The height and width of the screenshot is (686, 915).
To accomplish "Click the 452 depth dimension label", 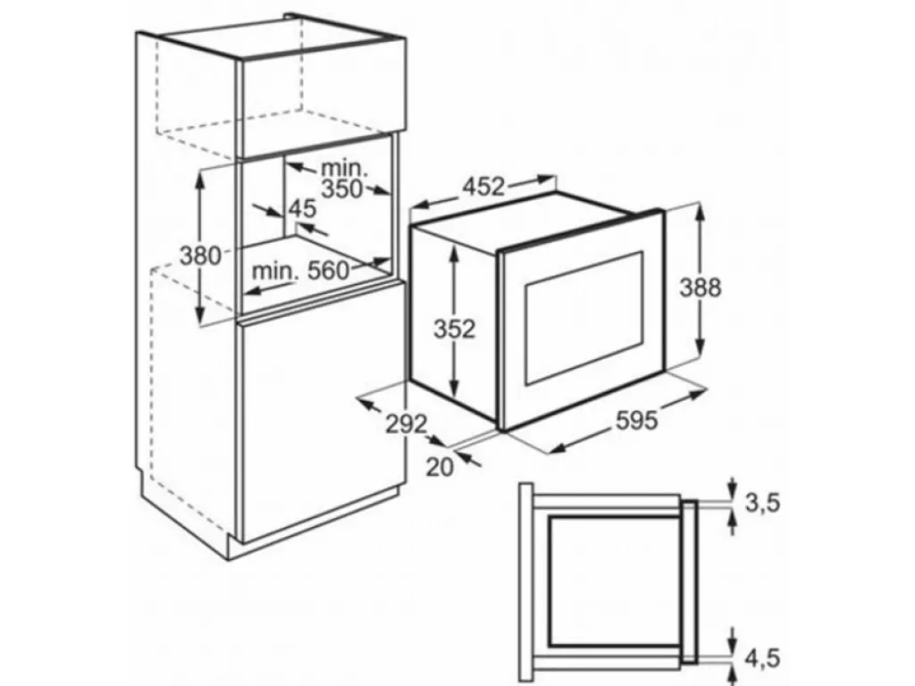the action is point(483,187).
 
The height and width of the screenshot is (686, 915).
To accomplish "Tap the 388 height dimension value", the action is point(701,288).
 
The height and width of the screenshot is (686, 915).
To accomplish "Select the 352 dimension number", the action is point(455,330).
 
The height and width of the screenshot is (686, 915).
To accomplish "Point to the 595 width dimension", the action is point(636,420).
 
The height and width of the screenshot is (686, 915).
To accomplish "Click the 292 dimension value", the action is point(407,424).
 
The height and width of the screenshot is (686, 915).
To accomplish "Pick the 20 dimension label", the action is point(440,466).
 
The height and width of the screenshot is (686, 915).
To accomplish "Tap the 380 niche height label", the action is point(200,256).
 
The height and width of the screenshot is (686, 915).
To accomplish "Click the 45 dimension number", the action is point(302,208).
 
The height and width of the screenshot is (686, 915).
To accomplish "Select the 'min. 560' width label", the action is point(301,271).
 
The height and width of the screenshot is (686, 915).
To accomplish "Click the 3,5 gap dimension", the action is point(762,503).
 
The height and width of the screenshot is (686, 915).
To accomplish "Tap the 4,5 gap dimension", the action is point(762,659).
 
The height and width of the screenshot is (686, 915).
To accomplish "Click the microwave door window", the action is point(584,318).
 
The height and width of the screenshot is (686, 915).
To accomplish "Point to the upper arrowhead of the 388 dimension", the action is point(700,212).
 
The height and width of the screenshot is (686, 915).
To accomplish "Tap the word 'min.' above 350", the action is point(345,169).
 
